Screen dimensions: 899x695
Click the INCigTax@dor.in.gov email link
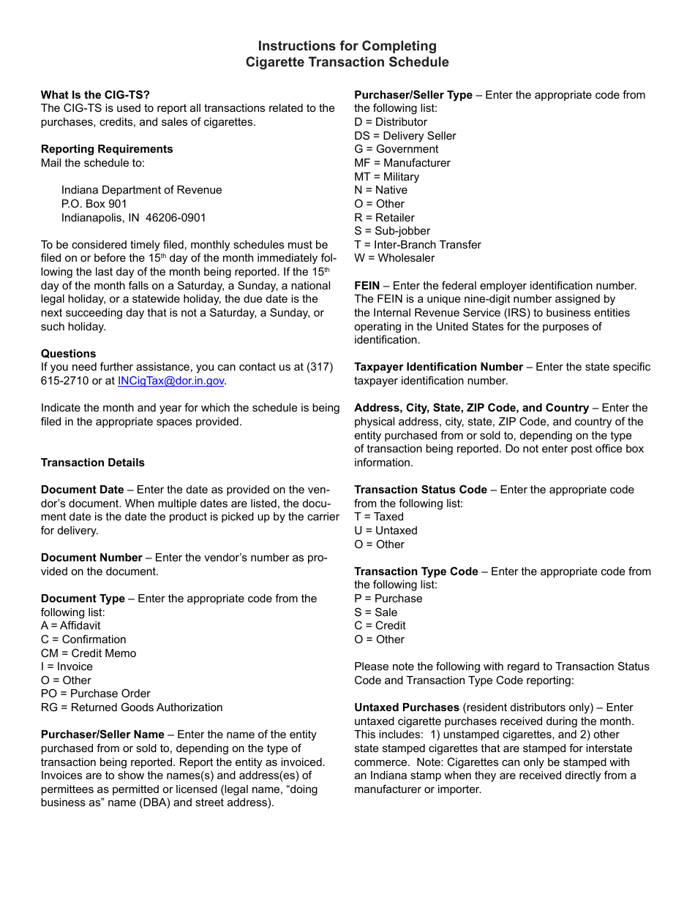click(170, 381)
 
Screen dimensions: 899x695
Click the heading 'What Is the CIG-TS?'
click(95, 94)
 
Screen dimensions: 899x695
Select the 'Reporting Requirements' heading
click(107, 149)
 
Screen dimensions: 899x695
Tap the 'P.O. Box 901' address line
click(94, 204)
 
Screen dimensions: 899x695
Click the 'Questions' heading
click(68, 354)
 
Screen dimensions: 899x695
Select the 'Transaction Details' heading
click(93, 463)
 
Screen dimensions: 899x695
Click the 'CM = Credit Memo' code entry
click(89, 653)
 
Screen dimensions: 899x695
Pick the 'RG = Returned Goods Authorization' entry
click(132, 708)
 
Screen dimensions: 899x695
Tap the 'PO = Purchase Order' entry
click(96, 694)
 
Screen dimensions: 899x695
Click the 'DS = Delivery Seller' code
click(405, 136)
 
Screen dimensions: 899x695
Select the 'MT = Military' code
click(386, 177)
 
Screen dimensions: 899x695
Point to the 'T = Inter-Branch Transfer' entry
click(418, 245)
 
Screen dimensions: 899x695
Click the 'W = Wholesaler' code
click(394, 258)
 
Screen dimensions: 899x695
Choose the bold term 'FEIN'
click(367, 286)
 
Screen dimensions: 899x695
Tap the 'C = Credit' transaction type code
click(380, 626)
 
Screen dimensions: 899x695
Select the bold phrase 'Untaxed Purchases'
click(407, 708)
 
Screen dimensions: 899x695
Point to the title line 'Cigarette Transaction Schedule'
click(347, 62)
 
